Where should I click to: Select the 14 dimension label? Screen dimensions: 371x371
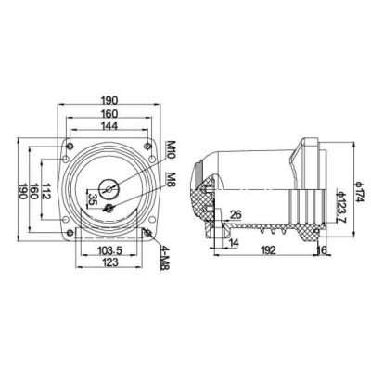tap(231, 243)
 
